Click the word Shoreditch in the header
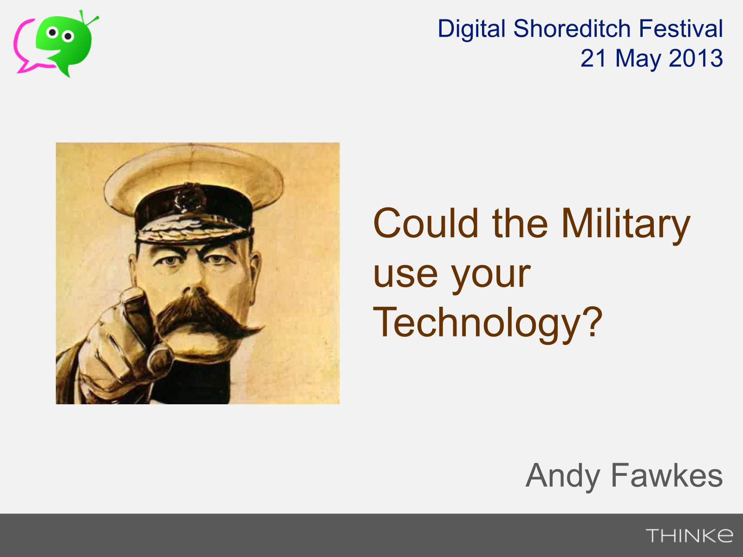click(572, 28)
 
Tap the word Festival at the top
click(681, 28)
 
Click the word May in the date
click(638, 59)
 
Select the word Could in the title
click(426, 223)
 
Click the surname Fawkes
click(667, 475)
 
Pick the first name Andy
click(562, 477)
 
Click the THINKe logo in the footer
click(689, 536)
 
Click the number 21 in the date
click(593, 58)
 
